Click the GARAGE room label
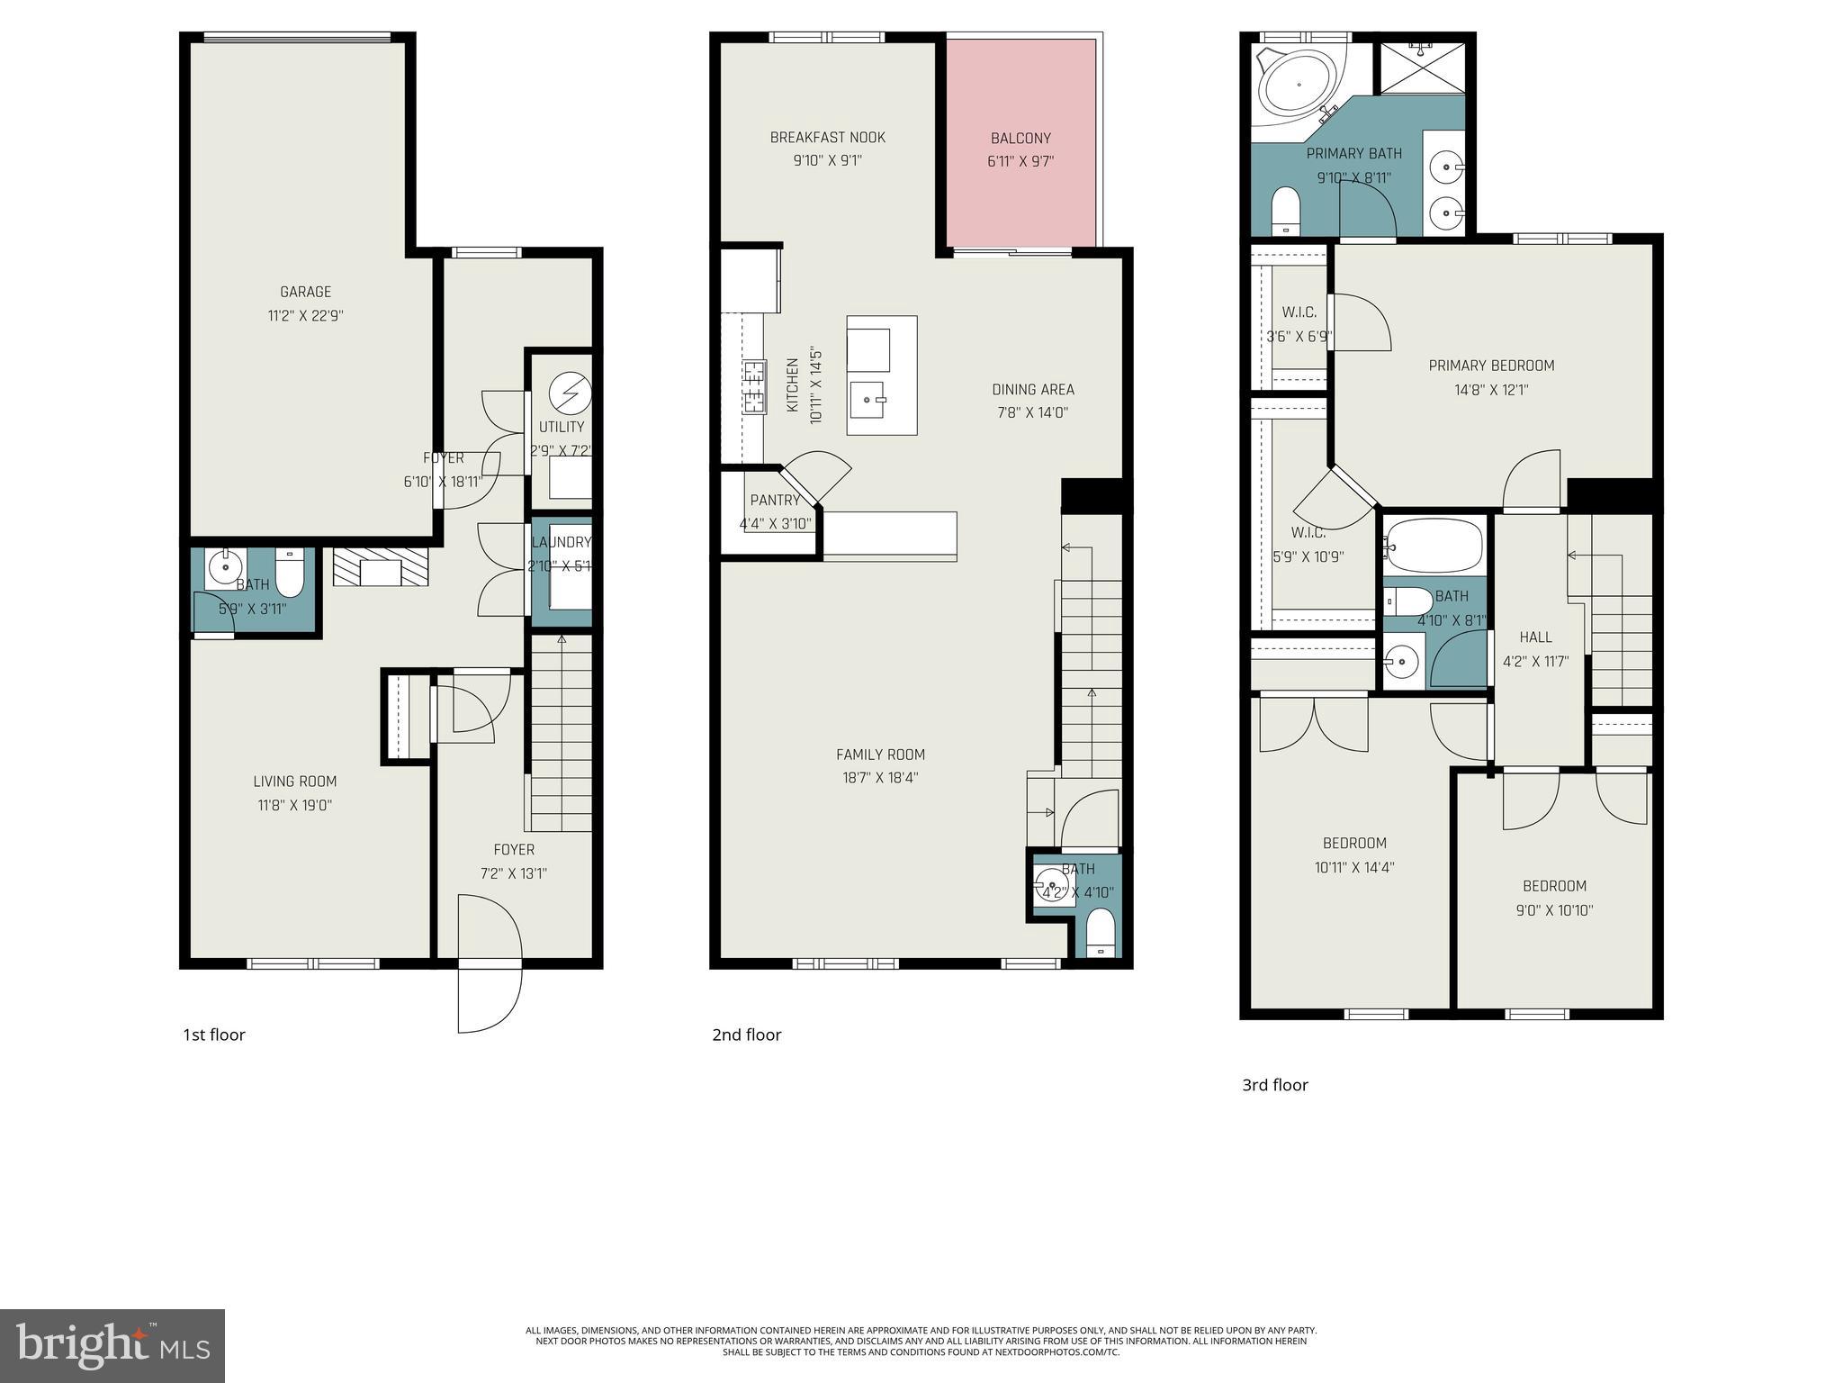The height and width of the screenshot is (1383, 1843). [x=305, y=292]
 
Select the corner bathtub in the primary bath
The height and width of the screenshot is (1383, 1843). [x=1298, y=86]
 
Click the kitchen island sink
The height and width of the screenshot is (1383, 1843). [x=868, y=398]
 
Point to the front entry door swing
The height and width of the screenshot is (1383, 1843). [x=489, y=963]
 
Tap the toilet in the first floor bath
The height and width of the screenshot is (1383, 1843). [x=290, y=573]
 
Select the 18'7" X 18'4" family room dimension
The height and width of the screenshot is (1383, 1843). [x=880, y=778]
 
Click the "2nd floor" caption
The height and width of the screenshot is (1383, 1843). [x=746, y=1035]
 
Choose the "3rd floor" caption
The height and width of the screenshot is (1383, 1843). [x=1274, y=1085]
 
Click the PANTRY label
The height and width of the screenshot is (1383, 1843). [x=775, y=500]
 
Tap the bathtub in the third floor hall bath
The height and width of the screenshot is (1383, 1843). [x=1434, y=546]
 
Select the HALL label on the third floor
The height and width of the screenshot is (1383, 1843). [x=1535, y=637]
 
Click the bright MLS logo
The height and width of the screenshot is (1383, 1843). [x=112, y=1345]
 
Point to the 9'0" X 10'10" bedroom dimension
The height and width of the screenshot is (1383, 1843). [x=1554, y=909]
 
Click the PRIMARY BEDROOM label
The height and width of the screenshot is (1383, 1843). [x=1491, y=366]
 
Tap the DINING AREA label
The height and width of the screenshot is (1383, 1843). [x=1032, y=389]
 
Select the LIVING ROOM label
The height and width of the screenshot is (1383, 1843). [x=294, y=782]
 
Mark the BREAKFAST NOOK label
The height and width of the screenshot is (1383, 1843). [x=827, y=138]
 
